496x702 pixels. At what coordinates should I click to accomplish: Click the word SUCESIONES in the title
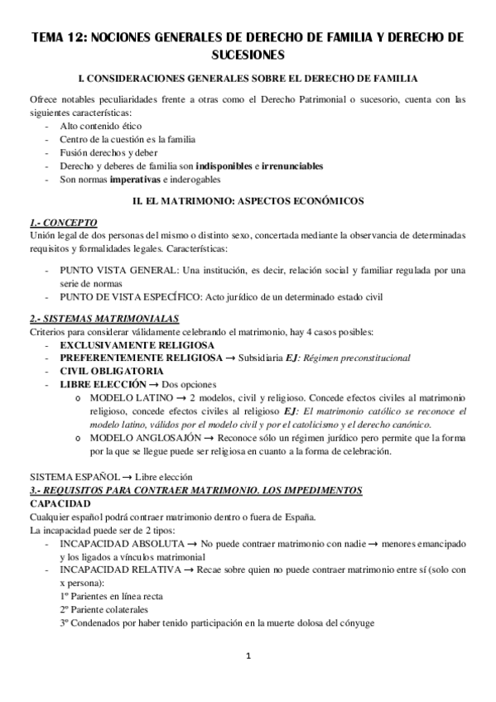click(x=248, y=55)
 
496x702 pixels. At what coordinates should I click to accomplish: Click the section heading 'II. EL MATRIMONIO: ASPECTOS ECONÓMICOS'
click(x=248, y=201)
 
